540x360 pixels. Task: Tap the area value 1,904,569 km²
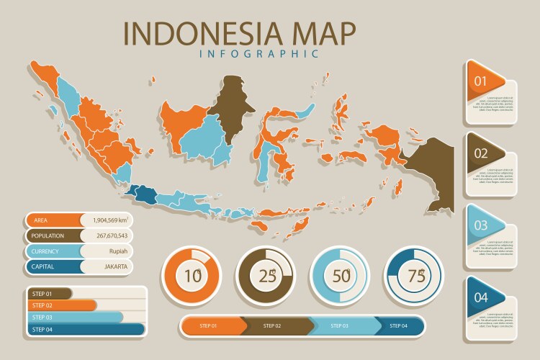pyautogui.click(x=105, y=220)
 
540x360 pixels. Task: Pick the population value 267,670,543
pyautogui.click(x=105, y=235)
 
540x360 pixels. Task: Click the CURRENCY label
pyautogui.click(x=48, y=251)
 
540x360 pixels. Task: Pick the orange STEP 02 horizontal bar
pyautogui.click(x=62, y=305)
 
